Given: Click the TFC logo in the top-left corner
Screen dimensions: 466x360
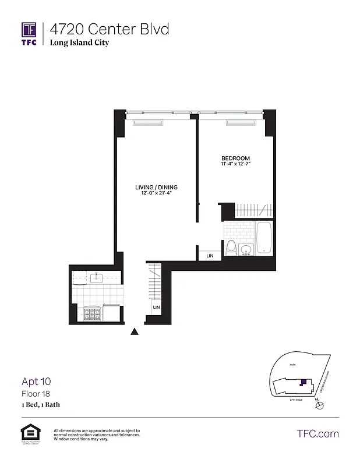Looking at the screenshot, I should (x=29, y=33).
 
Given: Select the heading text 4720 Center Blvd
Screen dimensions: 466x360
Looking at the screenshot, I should (x=109, y=29).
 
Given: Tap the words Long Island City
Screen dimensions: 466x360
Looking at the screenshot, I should (x=79, y=43).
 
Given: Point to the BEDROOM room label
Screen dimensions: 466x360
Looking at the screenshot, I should (x=235, y=158).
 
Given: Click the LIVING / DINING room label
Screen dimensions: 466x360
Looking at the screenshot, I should (x=156, y=188).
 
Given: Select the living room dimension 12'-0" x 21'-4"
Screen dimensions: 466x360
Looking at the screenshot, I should (x=156, y=193).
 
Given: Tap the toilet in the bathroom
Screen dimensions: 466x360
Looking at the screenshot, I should (x=231, y=248).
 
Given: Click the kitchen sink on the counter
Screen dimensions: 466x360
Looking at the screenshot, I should (x=96, y=278).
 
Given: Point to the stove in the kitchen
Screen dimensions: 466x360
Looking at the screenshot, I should (x=92, y=315).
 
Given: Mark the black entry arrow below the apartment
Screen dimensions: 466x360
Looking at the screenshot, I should (x=135, y=331).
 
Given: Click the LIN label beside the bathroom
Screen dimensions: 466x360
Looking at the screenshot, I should (x=210, y=255).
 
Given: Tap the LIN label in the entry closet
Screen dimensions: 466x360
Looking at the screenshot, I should (x=156, y=307).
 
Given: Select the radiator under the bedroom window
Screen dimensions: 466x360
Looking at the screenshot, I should (x=241, y=122).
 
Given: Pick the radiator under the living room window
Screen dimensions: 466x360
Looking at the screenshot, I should (x=148, y=122).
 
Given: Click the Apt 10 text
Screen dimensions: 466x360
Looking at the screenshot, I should (x=36, y=382).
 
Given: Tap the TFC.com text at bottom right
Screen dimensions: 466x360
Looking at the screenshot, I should (x=317, y=433).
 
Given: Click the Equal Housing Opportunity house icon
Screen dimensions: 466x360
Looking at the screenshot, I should (x=29, y=432).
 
